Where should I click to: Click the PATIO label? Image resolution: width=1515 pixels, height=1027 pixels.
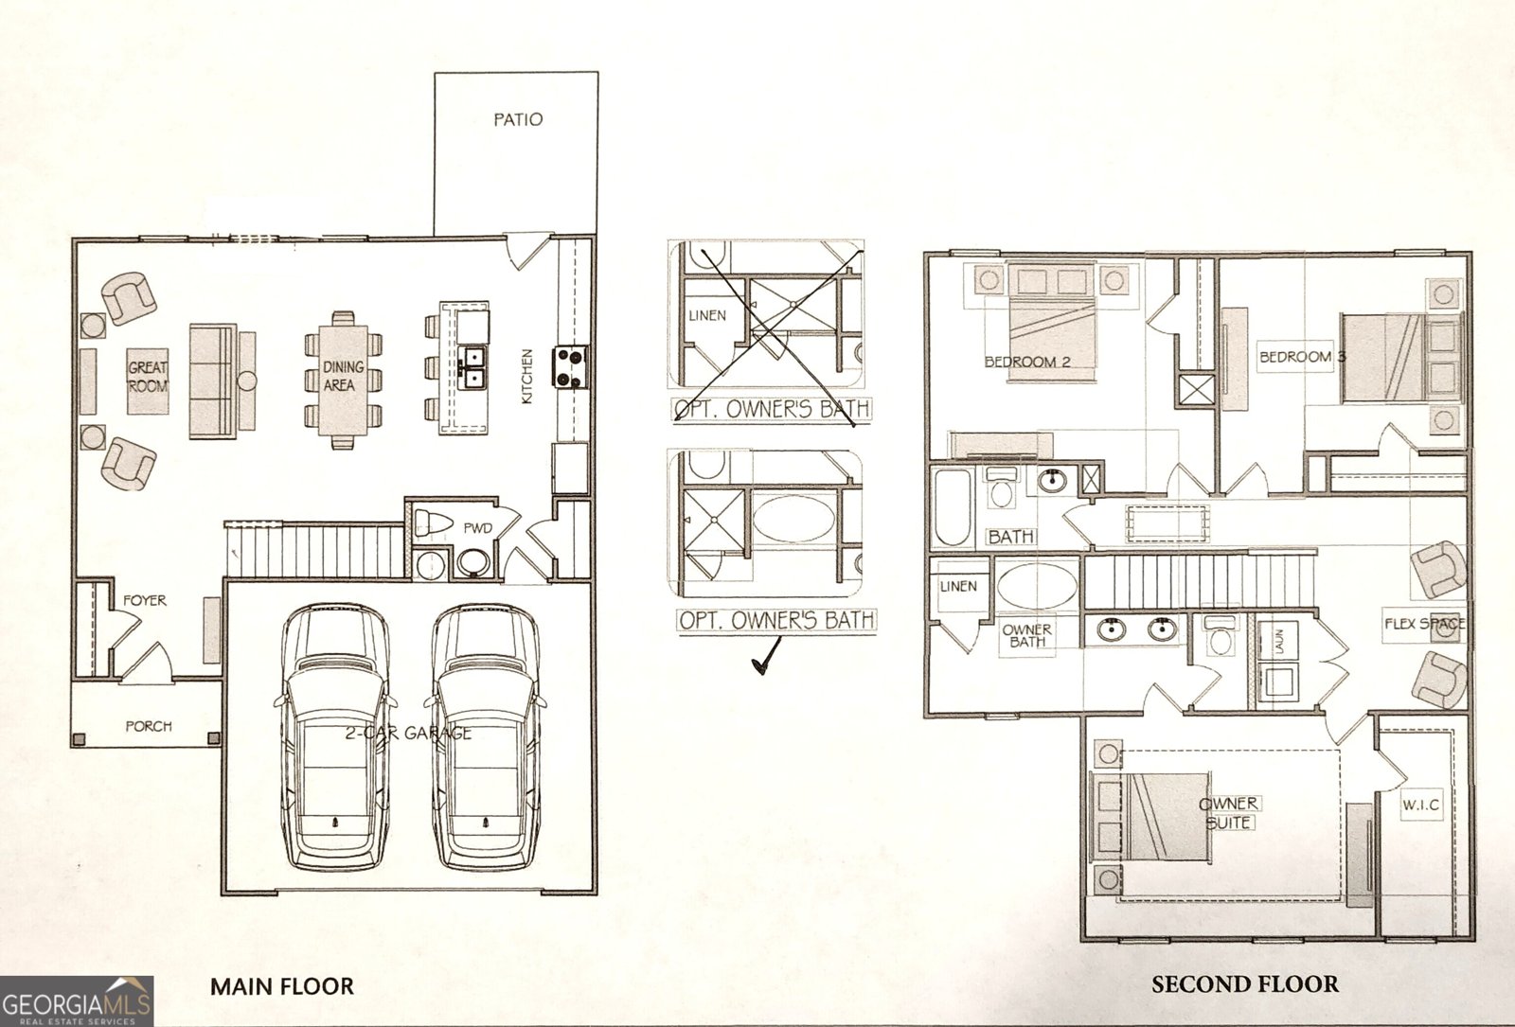click(x=518, y=120)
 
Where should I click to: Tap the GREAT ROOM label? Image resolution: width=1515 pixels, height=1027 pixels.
click(x=148, y=376)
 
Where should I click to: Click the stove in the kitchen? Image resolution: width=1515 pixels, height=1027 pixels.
click(x=572, y=367)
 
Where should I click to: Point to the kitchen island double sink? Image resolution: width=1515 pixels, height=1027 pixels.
click(x=473, y=367)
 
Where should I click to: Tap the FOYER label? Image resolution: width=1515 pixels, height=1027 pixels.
click(x=144, y=600)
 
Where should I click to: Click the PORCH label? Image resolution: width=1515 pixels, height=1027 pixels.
click(x=149, y=726)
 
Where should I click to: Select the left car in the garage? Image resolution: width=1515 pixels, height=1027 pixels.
click(x=335, y=738)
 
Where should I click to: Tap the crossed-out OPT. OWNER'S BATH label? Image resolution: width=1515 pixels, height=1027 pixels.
click(x=771, y=410)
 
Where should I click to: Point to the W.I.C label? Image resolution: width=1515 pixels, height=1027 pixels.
click(x=1420, y=806)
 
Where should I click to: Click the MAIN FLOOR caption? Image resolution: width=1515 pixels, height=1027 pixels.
click(x=281, y=986)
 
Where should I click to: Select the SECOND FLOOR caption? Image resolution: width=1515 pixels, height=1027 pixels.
click(x=1244, y=984)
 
